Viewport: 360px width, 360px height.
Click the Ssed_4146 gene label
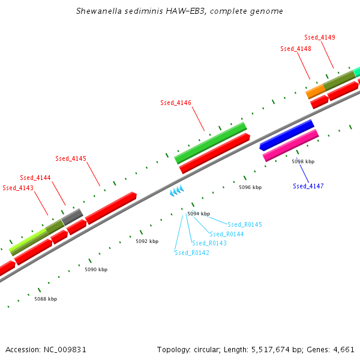point(176,103)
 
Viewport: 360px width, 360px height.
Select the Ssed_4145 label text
point(71,158)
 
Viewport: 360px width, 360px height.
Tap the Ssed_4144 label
point(35,178)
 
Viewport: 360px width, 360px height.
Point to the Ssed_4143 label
point(18,188)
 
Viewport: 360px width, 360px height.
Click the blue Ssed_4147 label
point(308,186)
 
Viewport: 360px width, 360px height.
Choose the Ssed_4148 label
point(296,49)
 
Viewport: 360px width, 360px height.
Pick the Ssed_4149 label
point(320,37)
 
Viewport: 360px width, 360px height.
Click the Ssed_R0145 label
point(245,224)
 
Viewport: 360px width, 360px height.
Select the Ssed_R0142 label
point(192,253)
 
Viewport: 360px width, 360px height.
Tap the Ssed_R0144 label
point(227,234)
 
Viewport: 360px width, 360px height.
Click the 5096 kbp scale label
point(250,187)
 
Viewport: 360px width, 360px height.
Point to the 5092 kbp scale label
point(147,241)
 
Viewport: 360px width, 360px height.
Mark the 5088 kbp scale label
point(46,298)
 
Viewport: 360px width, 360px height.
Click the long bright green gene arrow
point(211,143)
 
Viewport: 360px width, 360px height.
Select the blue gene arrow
point(287,135)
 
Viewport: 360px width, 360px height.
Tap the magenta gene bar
point(290,146)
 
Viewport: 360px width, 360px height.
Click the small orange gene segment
point(315,92)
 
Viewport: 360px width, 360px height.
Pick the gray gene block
point(72,216)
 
